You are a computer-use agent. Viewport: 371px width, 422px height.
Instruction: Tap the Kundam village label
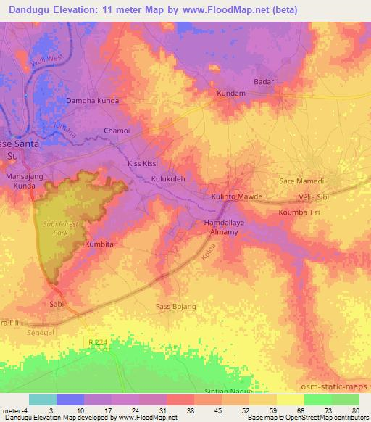click(x=233, y=94)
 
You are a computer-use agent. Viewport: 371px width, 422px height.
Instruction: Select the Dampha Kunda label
click(x=91, y=101)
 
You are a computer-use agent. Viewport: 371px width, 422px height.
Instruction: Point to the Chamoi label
click(x=117, y=131)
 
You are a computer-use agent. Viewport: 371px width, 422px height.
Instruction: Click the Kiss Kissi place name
click(x=143, y=164)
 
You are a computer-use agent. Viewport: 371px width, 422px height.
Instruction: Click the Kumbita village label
click(x=99, y=245)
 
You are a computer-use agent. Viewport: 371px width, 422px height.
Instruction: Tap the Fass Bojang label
click(x=176, y=307)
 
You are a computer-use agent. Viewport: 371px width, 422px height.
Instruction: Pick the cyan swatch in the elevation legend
click(x=43, y=400)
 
